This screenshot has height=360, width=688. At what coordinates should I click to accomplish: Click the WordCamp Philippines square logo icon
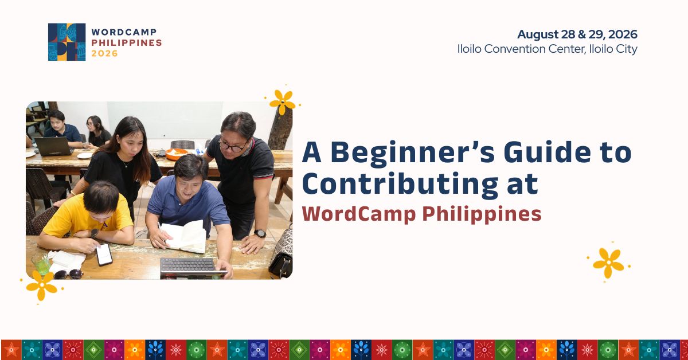[x=67, y=42]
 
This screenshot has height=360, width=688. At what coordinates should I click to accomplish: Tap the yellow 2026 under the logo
[x=104, y=53]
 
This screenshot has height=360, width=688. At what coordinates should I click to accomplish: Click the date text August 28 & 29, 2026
[x=577, y=34]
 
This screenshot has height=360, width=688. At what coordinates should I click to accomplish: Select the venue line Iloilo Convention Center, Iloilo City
[x=548, y=49]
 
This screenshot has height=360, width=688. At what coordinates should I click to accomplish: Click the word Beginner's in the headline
[x=412, y=152]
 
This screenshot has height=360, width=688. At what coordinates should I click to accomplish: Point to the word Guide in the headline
[x=547, y=152]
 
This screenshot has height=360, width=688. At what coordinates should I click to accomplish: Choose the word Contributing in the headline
[x=400, y=184]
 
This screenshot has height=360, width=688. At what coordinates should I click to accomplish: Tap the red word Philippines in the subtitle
[x=482, y=214]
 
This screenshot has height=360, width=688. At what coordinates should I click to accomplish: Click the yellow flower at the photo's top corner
[x=282, y=102]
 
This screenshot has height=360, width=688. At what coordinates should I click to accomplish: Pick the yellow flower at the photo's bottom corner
[x=41, y=285]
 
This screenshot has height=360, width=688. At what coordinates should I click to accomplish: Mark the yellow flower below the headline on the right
[x=608, y=263]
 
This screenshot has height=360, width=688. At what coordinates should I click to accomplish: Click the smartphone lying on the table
[x=104, y=255]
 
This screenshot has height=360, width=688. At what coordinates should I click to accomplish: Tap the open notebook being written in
[x=183, y=236]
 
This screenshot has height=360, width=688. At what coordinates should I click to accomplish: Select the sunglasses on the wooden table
[x=68, y=274]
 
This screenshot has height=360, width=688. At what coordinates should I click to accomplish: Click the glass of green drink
[x=41, y=264]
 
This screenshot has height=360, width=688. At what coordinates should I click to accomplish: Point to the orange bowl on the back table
[x=177, y=154]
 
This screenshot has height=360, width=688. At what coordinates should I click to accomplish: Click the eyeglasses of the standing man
[x=233, y=147]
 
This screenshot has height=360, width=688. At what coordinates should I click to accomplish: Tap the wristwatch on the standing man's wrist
[x=260, y=233]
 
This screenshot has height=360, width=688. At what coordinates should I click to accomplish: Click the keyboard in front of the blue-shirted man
[x=187, y=265]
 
